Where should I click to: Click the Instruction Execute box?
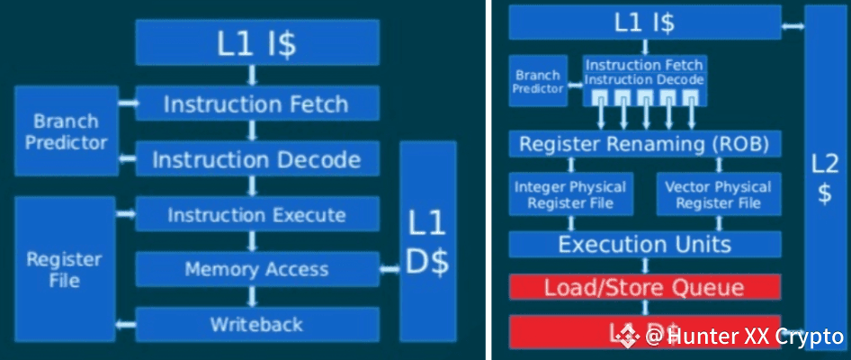(256, 215)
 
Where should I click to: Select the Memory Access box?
(256, 269)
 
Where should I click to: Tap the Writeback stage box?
(256, 323)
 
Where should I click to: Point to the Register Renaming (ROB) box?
(645, 144)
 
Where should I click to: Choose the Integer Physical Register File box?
(570, 195)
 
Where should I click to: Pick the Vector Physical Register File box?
(718, 195)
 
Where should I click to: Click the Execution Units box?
(645, 245)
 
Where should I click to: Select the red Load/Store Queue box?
(645, 288)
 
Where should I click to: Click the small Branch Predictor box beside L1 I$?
(538, 81)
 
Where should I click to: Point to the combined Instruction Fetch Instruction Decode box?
(644, 73)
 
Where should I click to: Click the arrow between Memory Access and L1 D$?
(390, 269)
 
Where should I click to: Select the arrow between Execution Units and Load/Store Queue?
(645, 266)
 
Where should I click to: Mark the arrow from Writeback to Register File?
(125, 323)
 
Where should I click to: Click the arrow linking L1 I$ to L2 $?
(793, 25)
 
